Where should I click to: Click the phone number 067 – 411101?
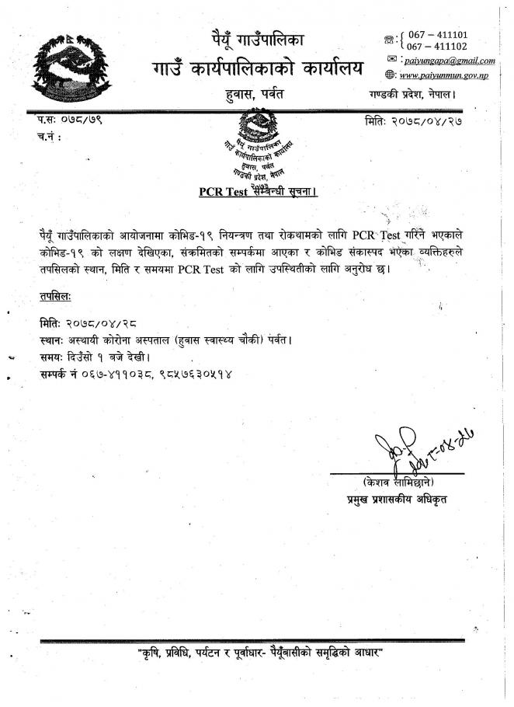coord(437,35)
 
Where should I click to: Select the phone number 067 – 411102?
coord(437,47)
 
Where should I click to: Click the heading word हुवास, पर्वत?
coord(253,95)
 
